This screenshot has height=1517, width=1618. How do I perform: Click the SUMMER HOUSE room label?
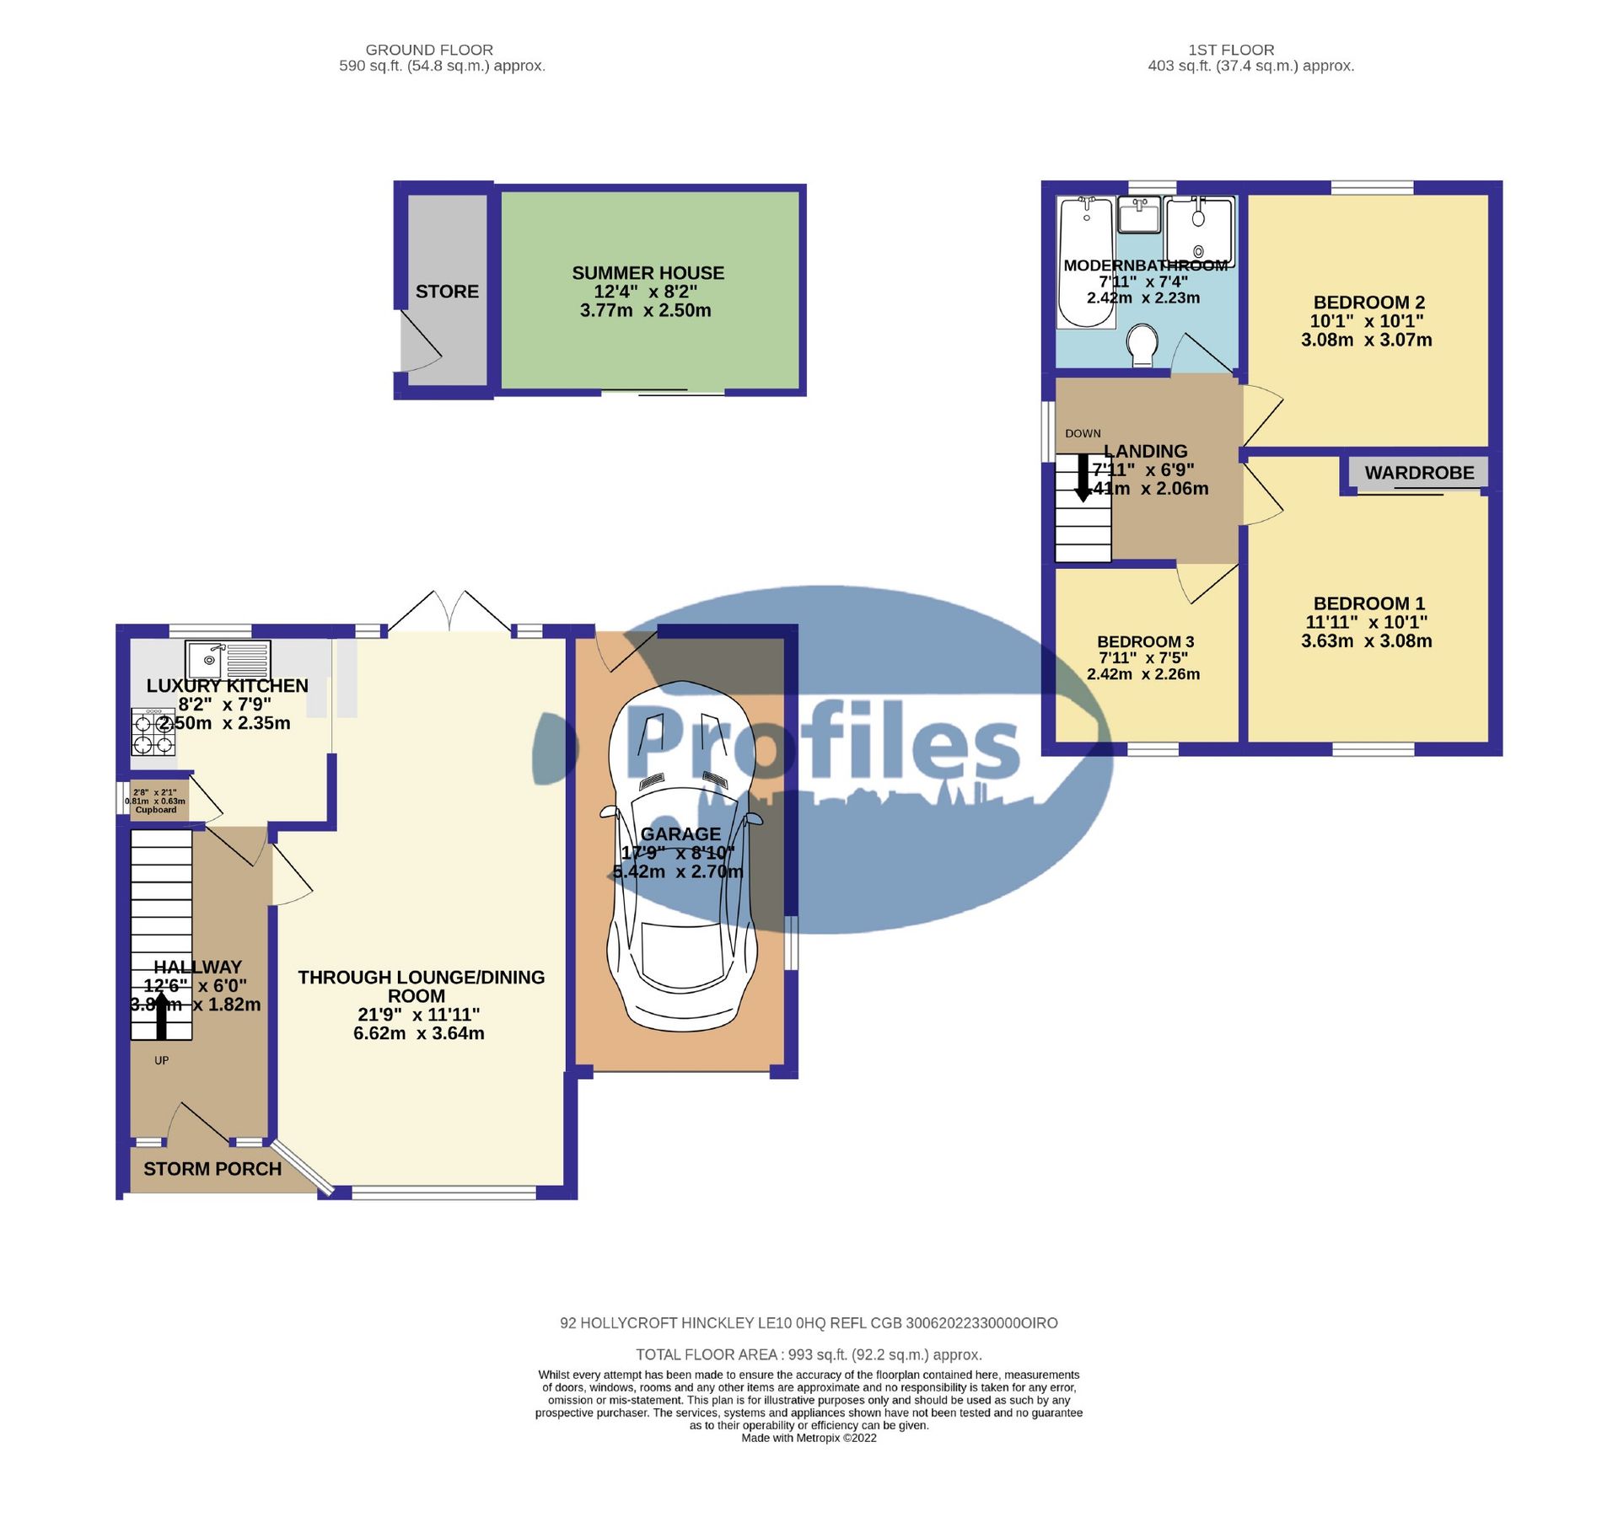click(x=648, y=273)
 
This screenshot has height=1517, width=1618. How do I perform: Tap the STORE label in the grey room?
click(x=447, y=292)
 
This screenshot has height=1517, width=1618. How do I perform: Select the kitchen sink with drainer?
click(x=228, y=659)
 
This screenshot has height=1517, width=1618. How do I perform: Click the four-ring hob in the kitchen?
click(x=153, y=732)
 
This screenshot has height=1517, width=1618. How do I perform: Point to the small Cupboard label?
click(x=156, y=810)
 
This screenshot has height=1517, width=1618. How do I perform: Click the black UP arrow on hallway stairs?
click(x=161, y=1015)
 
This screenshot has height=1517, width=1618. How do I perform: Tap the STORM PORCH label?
click(x=212, y=1169)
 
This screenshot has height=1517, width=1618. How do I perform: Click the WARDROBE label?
click(x=1419, y=473)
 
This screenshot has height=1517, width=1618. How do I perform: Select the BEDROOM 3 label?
click(x=1145, y=641)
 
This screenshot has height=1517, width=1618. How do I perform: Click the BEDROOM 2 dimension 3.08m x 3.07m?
click(x=1366, y=340)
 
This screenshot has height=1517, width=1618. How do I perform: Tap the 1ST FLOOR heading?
click(x=1231, y=50)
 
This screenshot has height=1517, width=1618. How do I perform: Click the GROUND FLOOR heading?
click(x=429, y=50)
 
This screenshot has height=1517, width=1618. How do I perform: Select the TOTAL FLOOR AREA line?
click(x=809, y=1354)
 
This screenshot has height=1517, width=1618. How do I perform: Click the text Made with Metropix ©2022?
click(x=809, y=1438)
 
